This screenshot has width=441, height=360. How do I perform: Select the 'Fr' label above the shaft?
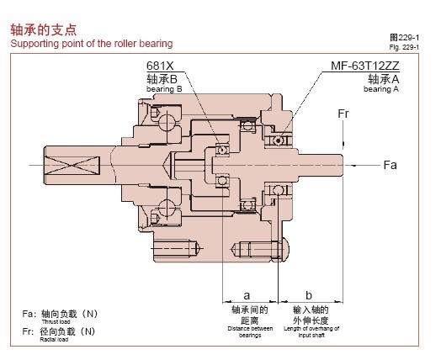click(343, 113)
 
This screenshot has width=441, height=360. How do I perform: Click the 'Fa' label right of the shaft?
click(390, 165)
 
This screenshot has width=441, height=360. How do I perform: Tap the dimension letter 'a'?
click(247, 295)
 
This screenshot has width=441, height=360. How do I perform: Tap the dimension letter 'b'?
click(309, 295)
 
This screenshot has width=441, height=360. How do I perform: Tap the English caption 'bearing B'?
click(163, 89)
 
